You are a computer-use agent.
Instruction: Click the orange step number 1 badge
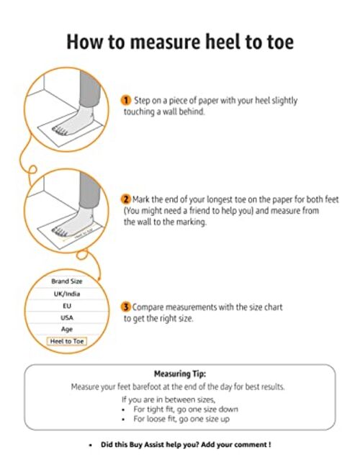(125, 100)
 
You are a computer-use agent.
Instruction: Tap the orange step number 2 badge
(125, 199)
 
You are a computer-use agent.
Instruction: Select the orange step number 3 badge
(125, 307)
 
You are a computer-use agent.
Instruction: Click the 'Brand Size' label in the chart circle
(67, 281)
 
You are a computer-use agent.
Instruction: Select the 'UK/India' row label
(67, 294)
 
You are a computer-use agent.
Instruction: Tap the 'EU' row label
(67, 306)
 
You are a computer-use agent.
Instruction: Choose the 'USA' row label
(67, 318)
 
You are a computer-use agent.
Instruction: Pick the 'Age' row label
(67, 330)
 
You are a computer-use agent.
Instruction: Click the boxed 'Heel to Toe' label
(67, 341)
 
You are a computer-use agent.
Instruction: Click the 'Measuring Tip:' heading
(180, 374)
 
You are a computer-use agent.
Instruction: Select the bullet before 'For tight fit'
(123, 410)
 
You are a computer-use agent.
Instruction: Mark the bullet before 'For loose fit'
(123, 420)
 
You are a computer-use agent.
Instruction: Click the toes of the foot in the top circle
(60, 131)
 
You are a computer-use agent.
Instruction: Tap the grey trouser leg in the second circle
(89, 188)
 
